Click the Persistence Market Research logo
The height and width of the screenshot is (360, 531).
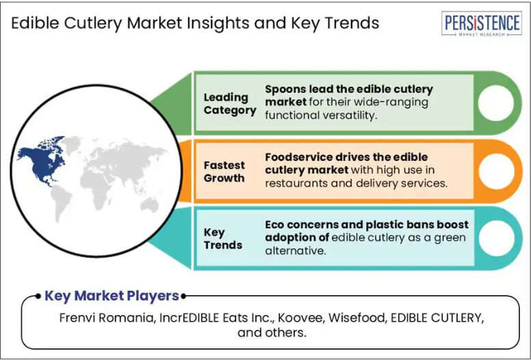coord(481,23)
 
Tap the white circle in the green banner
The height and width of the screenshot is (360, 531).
coord(495,103)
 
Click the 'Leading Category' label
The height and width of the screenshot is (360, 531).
coord(230,103)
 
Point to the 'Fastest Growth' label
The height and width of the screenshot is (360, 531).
coord(224,171)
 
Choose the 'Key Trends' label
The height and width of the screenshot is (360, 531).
coord(222,238)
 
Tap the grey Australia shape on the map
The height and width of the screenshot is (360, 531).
coord(150,205)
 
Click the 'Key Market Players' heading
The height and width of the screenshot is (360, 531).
coord(112,296)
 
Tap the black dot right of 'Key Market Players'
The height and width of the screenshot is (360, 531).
coord(183,296)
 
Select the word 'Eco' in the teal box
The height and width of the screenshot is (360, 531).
coord(274,224)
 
